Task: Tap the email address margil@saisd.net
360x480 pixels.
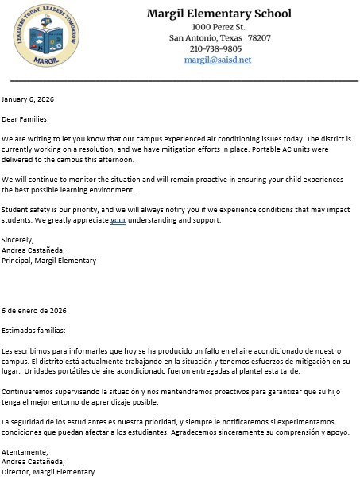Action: point(218,60)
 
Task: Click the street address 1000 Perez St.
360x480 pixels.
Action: point(219,27)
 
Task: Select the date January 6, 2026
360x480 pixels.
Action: point(28,99)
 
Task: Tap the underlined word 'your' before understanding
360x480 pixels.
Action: point(118,220)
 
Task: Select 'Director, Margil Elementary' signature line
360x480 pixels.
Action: point(48,472)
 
